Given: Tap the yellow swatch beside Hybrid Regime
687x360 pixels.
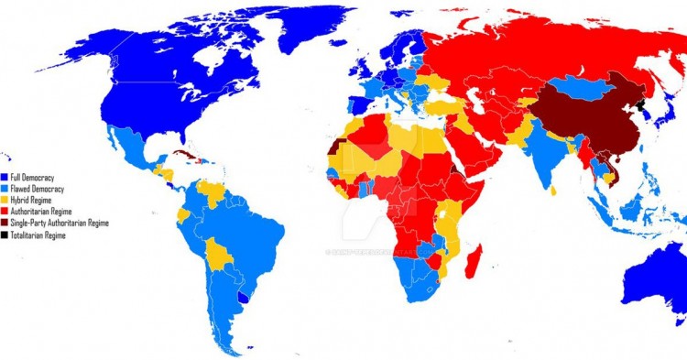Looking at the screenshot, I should tap(5, 200).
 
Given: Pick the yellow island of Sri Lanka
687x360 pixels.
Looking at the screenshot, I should tap(553, 190).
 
